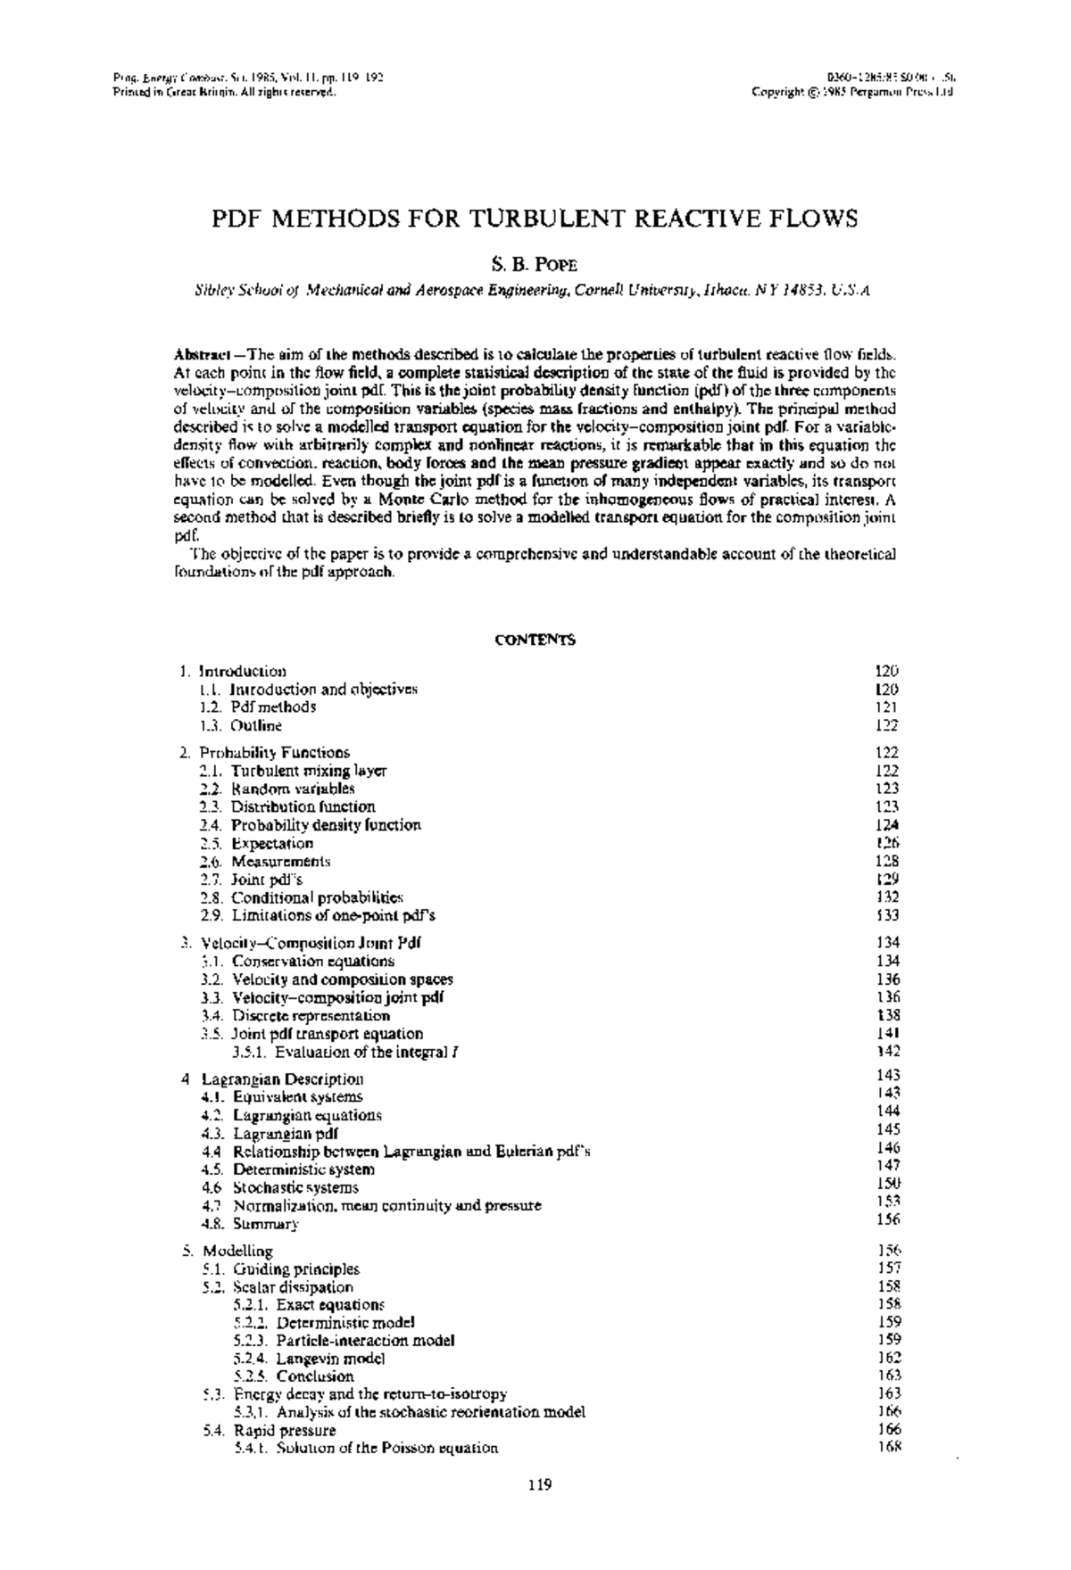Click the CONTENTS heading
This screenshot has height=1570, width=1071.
535,640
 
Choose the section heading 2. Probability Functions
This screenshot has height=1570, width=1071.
264,752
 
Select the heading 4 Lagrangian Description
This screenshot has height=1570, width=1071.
272,1079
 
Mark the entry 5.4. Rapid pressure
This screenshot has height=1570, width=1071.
270,1431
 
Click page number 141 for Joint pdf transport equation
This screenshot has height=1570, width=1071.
888,1033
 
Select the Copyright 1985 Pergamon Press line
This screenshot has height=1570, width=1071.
853,92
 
